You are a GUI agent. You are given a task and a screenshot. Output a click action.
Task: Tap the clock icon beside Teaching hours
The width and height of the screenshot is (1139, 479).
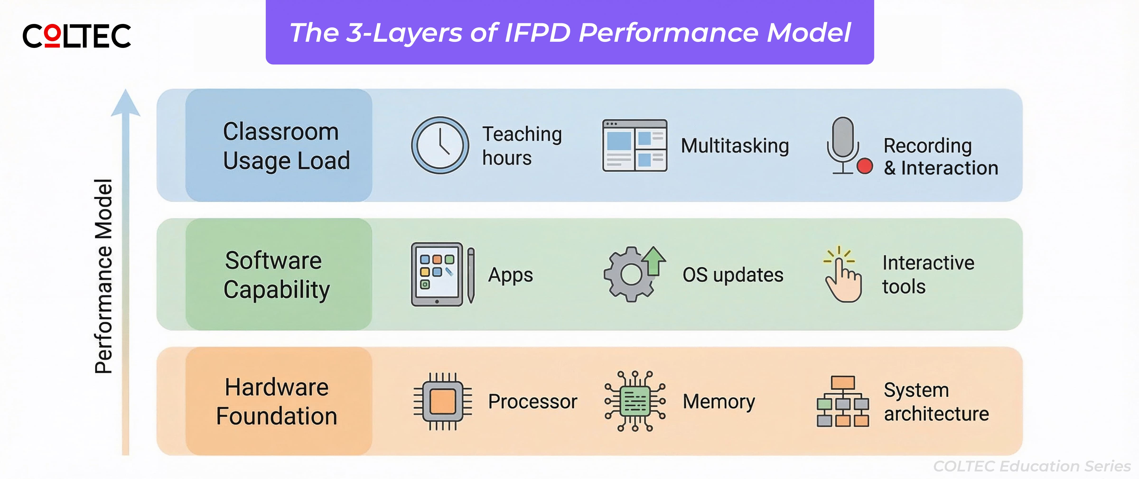coord(440,145)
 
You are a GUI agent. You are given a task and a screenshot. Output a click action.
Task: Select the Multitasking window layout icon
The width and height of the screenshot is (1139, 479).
coord(635,145)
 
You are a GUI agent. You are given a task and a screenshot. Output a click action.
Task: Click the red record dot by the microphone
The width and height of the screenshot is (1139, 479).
coord(864,166)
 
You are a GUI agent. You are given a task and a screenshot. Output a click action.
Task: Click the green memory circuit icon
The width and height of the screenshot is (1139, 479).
coord(635,401)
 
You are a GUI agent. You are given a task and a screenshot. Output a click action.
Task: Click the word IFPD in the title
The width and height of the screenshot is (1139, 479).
coord(537,33)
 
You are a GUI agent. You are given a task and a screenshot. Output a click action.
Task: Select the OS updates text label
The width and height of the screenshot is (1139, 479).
coord(733,275)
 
